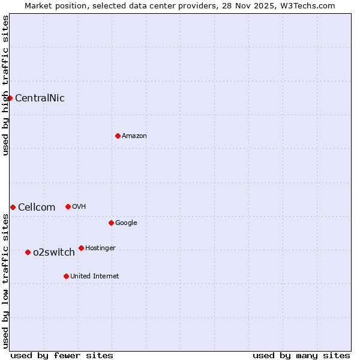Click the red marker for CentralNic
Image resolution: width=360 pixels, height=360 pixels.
point(10,98)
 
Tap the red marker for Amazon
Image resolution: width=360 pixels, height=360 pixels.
point(118,136)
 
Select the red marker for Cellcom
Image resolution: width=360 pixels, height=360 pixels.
point(13,207)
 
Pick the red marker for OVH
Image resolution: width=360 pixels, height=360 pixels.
point(68,206)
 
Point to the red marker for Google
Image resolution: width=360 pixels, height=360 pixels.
point(111,223)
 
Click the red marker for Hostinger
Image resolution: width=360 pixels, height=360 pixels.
point(81,248)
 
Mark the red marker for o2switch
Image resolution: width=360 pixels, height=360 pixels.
point(28,252)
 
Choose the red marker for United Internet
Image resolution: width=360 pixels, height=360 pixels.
point(66,276)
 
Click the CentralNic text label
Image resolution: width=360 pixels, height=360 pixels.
point(40,98)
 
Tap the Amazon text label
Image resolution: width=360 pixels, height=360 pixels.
point(134,136)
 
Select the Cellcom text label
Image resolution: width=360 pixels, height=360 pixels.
point(37,208)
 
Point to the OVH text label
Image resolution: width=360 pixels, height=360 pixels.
point(79,207)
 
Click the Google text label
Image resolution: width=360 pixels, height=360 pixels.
point(126,223)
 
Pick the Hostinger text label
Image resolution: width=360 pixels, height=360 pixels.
point(100,248)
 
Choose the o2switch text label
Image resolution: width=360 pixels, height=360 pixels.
point(54,253)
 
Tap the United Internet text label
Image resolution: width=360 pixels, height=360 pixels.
point(95,277)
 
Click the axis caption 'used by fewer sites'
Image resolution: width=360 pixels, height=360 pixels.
point(62,355)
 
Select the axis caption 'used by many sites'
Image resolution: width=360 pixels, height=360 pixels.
point(301,355)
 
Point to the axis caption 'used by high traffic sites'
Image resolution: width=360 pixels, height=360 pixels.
point(5,85)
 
